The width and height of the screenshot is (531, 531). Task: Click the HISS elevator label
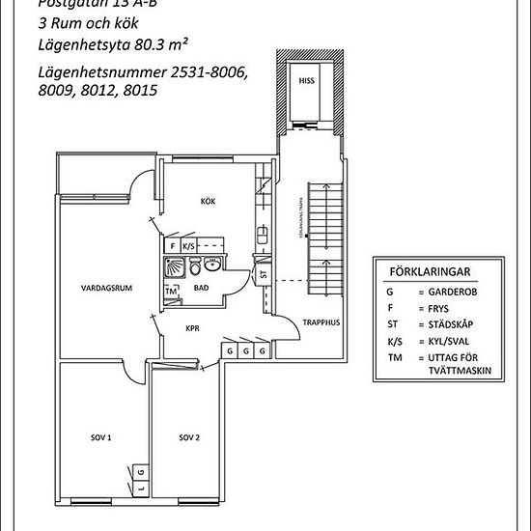(x=306, y=80)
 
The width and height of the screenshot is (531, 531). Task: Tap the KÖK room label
(x=208, y=201)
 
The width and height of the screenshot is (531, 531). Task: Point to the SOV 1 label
(x=101, y=437)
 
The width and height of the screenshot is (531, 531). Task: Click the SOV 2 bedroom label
(x=189, y=437)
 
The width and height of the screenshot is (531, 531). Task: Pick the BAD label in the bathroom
(x=201, y=287)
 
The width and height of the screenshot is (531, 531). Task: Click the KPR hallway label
(x=192, y=327)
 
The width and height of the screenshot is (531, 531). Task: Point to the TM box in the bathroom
(x=172, y=292)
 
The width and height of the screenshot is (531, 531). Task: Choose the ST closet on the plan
(x=263, y=275)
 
